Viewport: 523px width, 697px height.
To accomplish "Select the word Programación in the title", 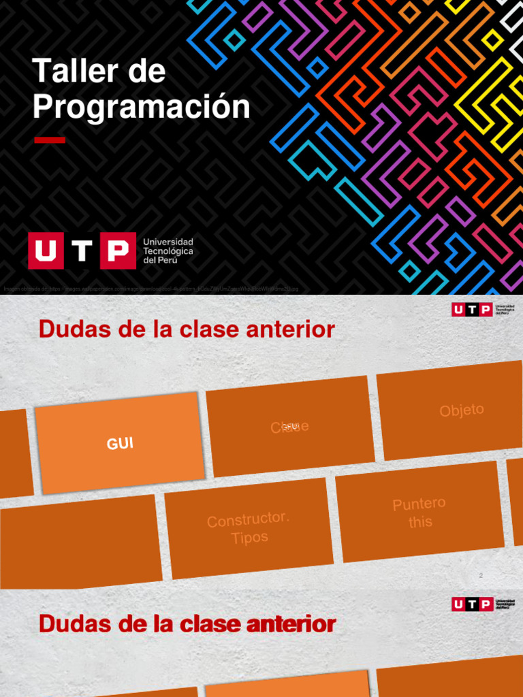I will tap(142, 107).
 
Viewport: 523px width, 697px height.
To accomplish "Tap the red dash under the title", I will tap(50, 140).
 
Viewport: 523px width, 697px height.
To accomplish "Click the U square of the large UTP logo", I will tap(45, 251).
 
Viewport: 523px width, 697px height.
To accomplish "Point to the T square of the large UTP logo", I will tap(82, 251).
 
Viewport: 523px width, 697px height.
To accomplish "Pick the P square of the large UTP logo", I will tap(118, 251).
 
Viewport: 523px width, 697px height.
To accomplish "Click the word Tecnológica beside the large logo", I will tap(168, 251).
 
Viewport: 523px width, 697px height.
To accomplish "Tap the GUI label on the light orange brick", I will tap(120, 444).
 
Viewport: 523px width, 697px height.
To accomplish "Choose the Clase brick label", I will tap(290, 427).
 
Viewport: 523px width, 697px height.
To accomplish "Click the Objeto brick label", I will tap(462, 410).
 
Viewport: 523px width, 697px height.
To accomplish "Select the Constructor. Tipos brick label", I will tap(249, 528).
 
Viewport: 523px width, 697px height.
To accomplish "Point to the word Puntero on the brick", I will tap(419, 505).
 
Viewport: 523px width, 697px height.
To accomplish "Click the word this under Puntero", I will tap(420, 522).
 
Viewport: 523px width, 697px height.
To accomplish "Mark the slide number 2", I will tap(481, 576).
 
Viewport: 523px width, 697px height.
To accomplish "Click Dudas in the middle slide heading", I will tap(68, 329).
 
